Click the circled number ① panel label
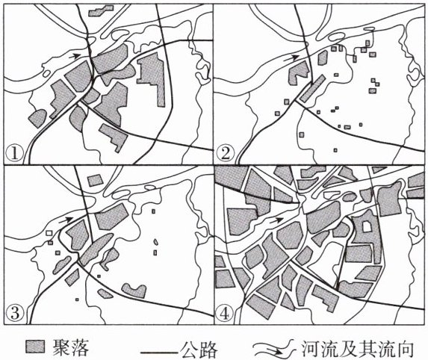14,154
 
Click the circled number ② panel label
225,154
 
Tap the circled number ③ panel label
14,314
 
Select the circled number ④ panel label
225,314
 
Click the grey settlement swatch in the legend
35,347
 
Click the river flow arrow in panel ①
74,56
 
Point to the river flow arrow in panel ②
292,58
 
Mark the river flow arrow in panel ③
66,219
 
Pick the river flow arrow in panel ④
277,220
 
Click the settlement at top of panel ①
101,10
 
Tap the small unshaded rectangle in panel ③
49,233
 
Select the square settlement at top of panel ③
96,181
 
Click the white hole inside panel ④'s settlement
366,226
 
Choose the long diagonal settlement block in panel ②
312,89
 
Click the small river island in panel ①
46,73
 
